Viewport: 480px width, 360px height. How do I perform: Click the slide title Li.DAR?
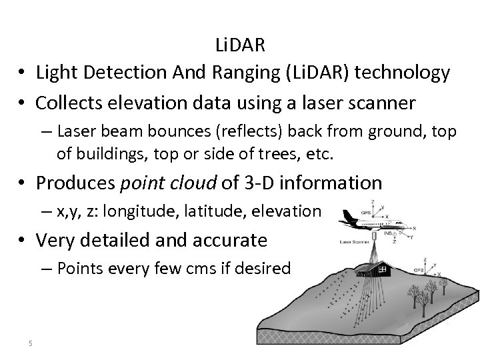(240, 45)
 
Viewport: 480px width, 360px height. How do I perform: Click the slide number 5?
(31, 343)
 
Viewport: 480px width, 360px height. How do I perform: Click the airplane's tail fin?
(349, 215)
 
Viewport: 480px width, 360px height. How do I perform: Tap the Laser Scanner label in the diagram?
(355, 243)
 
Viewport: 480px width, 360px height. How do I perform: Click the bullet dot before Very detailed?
(22, 239)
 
